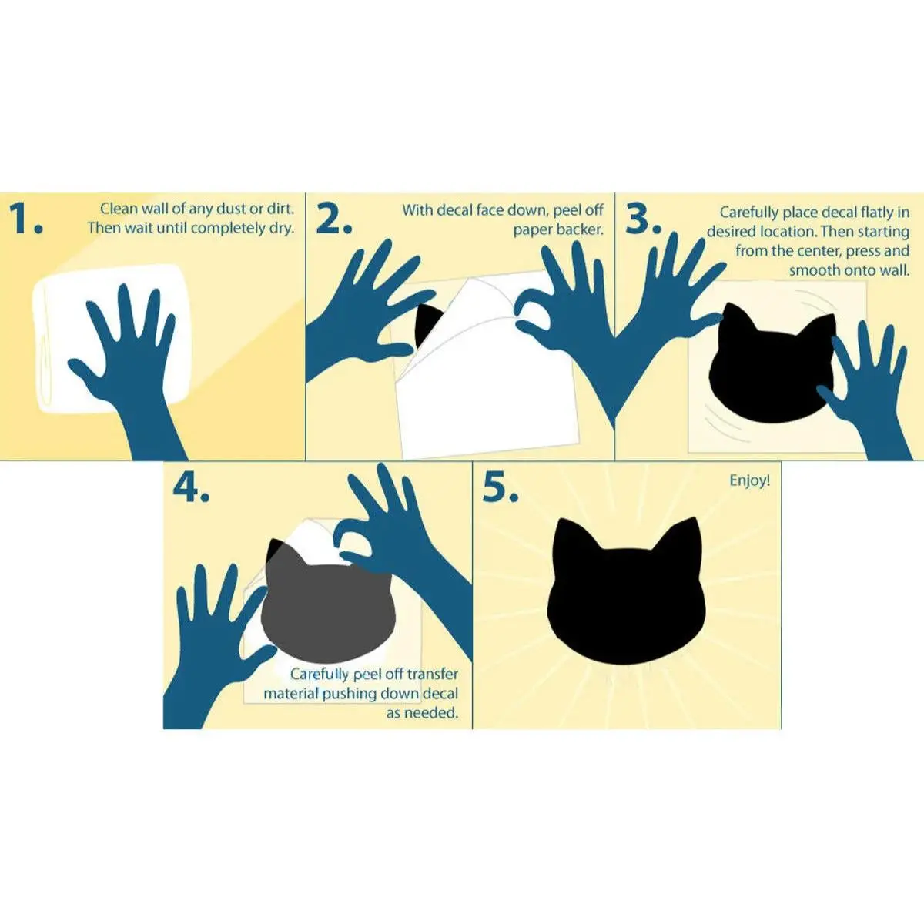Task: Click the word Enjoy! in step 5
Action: pyautogui.click(x=750, y=481)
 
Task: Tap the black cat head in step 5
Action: pyautogui.click(x=624, y=591)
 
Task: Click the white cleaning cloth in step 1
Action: pyautogui.click(x=112, y=339)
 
